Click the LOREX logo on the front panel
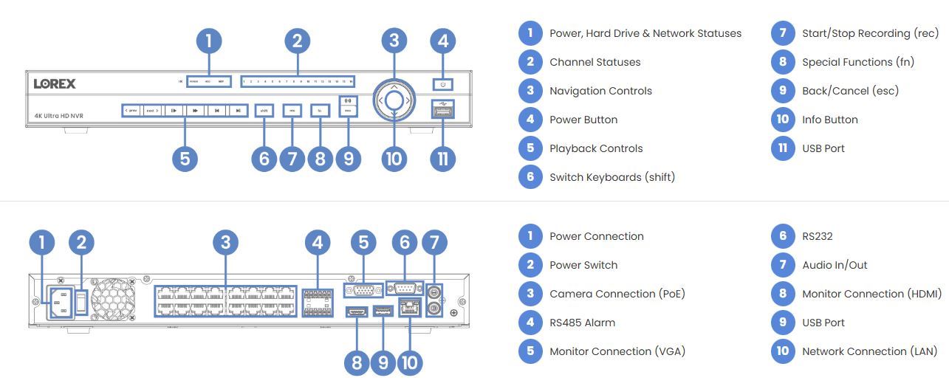55,83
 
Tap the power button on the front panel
442,84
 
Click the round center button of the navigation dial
394,100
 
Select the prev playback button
131,111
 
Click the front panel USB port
442,111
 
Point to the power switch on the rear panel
82,300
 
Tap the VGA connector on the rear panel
363,291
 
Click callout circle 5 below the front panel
185,158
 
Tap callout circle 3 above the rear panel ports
225,242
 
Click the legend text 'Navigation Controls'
600,91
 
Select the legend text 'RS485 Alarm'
582,323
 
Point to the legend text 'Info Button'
829,120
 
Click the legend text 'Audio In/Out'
835,265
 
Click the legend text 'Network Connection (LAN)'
869,351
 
